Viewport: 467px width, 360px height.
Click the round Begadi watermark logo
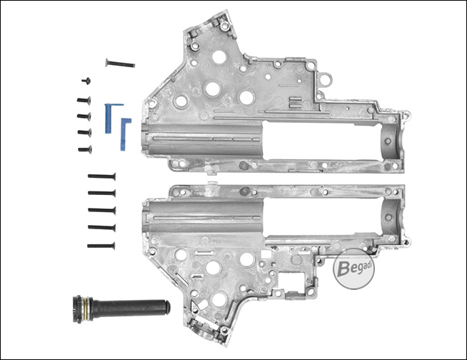click(x=353, y=269)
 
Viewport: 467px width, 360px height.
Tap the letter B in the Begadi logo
click(x=343, y=269)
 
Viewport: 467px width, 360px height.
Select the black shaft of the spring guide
click(x=130, y=309)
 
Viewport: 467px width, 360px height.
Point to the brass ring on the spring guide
click(x=86, y=309)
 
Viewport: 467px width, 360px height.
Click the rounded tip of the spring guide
click(x=168, y=308)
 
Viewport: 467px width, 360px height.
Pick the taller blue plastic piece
click(x=109, y=118)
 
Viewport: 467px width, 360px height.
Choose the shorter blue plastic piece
click(x=124, y=134)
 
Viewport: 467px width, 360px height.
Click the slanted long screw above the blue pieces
click(x=120, y=63)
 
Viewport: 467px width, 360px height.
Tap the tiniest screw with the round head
click(x=86, y=81)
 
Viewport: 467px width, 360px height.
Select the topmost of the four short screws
click(x=84, y=101)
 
